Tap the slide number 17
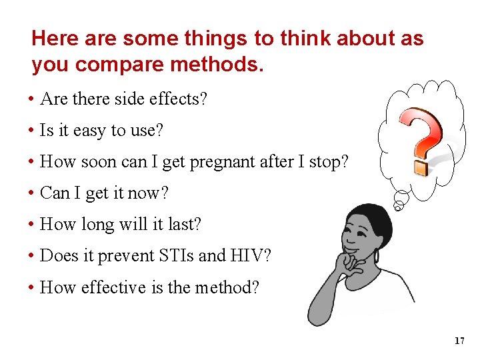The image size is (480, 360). pos(459,341)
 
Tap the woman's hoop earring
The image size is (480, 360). pos(378,255)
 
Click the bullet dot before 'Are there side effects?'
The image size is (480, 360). pos(31,100)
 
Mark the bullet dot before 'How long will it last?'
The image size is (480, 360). pos(31,225)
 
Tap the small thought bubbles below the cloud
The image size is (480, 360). pos(401,199)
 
